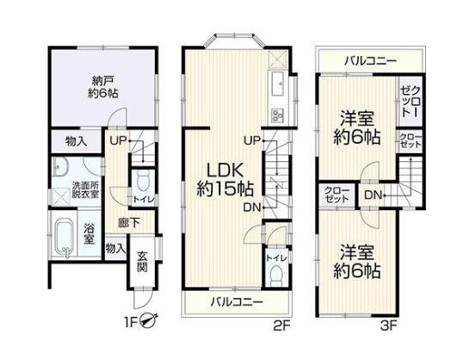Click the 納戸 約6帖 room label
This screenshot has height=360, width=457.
click(x=103, y=87)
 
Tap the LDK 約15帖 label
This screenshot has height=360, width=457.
click(x=225, y=180)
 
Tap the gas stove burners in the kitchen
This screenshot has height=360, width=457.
click(x=278, y=115)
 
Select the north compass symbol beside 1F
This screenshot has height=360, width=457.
click(x=149, y=320)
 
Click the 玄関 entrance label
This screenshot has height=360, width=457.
click(x=142, y=262)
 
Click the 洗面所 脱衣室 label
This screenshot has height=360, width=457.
click(x=85, y=190)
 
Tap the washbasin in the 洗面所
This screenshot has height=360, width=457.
click(x=60, y=167)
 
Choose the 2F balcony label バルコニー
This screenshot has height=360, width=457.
click(x=237, y=301)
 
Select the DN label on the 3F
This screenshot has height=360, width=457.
click(x=373, y=195)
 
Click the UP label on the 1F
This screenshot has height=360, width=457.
click(x=118, y=141)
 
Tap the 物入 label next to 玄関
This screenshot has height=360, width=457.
click(x=115, y=249)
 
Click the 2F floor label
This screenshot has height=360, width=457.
click(x=281, y=326)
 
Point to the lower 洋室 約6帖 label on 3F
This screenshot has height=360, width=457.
click(x=357, y=262)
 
